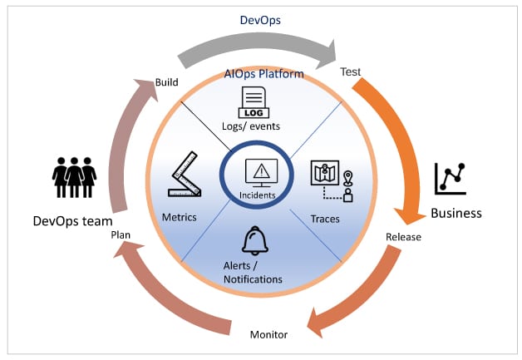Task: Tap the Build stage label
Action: coord(167,81)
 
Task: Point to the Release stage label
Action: coord(403,237)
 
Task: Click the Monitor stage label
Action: coord(268,334)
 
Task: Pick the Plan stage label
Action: coord(121,235)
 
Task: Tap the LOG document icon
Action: coord(254,102)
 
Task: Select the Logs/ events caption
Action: coord(253,126)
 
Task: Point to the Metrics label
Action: coord(180,218)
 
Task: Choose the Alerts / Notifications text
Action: coord(252,272)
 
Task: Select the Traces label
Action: coord(325,219)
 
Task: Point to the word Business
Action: coord(456,214)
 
